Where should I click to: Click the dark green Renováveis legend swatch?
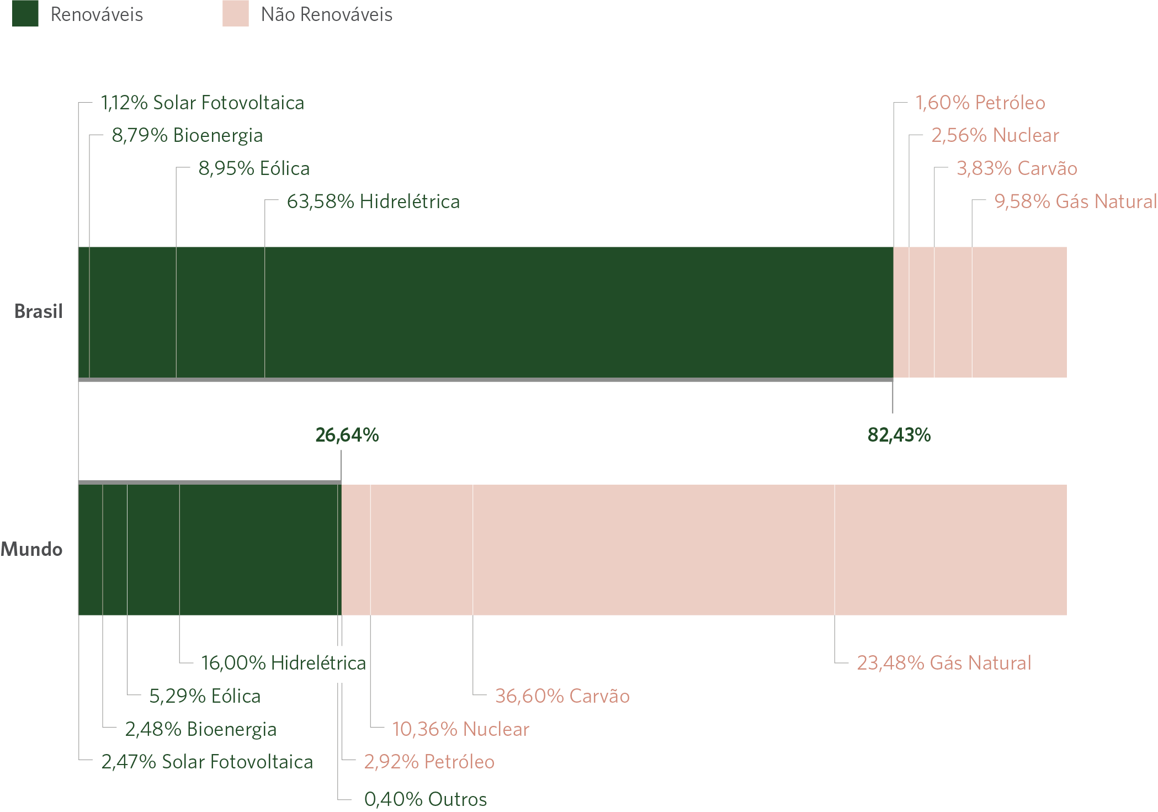pos(25,13)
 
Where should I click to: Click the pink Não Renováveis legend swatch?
pos(236,13)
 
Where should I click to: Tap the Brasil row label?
pos(39,311)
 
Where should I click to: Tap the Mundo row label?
pos(31,549)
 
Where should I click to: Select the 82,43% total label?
pos(899,435)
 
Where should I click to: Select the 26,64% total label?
pos(347,435)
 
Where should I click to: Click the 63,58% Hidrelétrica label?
pos(373,201)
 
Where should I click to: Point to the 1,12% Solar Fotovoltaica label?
pos(203,103)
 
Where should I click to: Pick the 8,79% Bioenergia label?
pos(187,135)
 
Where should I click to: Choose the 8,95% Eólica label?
pos(254,168)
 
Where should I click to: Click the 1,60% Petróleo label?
pos(980,103)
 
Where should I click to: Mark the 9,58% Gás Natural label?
pos(1075,201)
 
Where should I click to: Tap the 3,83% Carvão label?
pos(1017,168)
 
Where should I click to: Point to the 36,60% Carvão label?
pos(562,696)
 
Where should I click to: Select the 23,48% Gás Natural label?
pos(944,663)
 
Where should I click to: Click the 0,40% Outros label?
pos(426,799)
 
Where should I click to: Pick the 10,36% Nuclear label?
pos(461,729)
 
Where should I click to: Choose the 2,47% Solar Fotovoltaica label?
pos(207,762)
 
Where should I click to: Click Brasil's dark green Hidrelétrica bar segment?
pos(579,312)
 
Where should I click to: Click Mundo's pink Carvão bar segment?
pos(654,550)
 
